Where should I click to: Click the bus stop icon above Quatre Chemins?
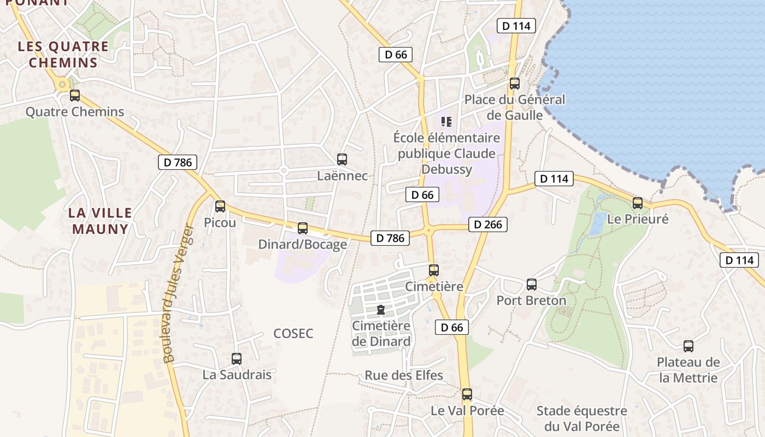(75, 96)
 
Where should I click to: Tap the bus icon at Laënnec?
(342, 160)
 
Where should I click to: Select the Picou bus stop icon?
(220, 206)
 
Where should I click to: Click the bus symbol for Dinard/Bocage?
(303, 228)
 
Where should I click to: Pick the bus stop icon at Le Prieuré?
(638, 203)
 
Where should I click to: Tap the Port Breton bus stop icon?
(532, 285)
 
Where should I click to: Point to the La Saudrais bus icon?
(237, 359)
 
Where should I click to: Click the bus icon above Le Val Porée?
(467, 394)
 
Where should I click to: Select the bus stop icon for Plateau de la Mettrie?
(688, 346)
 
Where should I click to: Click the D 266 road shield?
(488, 225)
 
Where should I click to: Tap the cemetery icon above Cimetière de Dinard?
(381, 310)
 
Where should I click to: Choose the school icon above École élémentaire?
(446, 121)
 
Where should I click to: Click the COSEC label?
(293, 334)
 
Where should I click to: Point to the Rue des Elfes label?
(404, 375)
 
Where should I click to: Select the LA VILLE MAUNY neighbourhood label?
(101, 221)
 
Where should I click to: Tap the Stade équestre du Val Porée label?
(581, 418)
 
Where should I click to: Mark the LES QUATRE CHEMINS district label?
(63, 54)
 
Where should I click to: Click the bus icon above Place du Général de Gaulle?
(515, 84)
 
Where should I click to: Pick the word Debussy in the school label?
(446, 169)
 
